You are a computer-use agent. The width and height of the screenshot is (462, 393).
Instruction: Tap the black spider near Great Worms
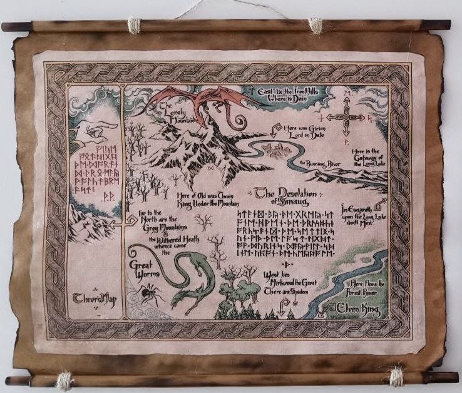pyautogui.click(x=150, y=290)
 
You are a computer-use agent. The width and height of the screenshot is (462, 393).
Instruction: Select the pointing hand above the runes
pyautogui.click(x=94, y=132)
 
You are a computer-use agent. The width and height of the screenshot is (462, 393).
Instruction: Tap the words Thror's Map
pyautogui.click(x=91, y=300)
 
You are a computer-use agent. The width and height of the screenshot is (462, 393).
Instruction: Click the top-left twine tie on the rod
pyautogui.click(x=133, y=25)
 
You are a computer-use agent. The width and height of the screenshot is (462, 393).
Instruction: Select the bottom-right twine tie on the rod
pyautogui.click(x=396, y=377)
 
